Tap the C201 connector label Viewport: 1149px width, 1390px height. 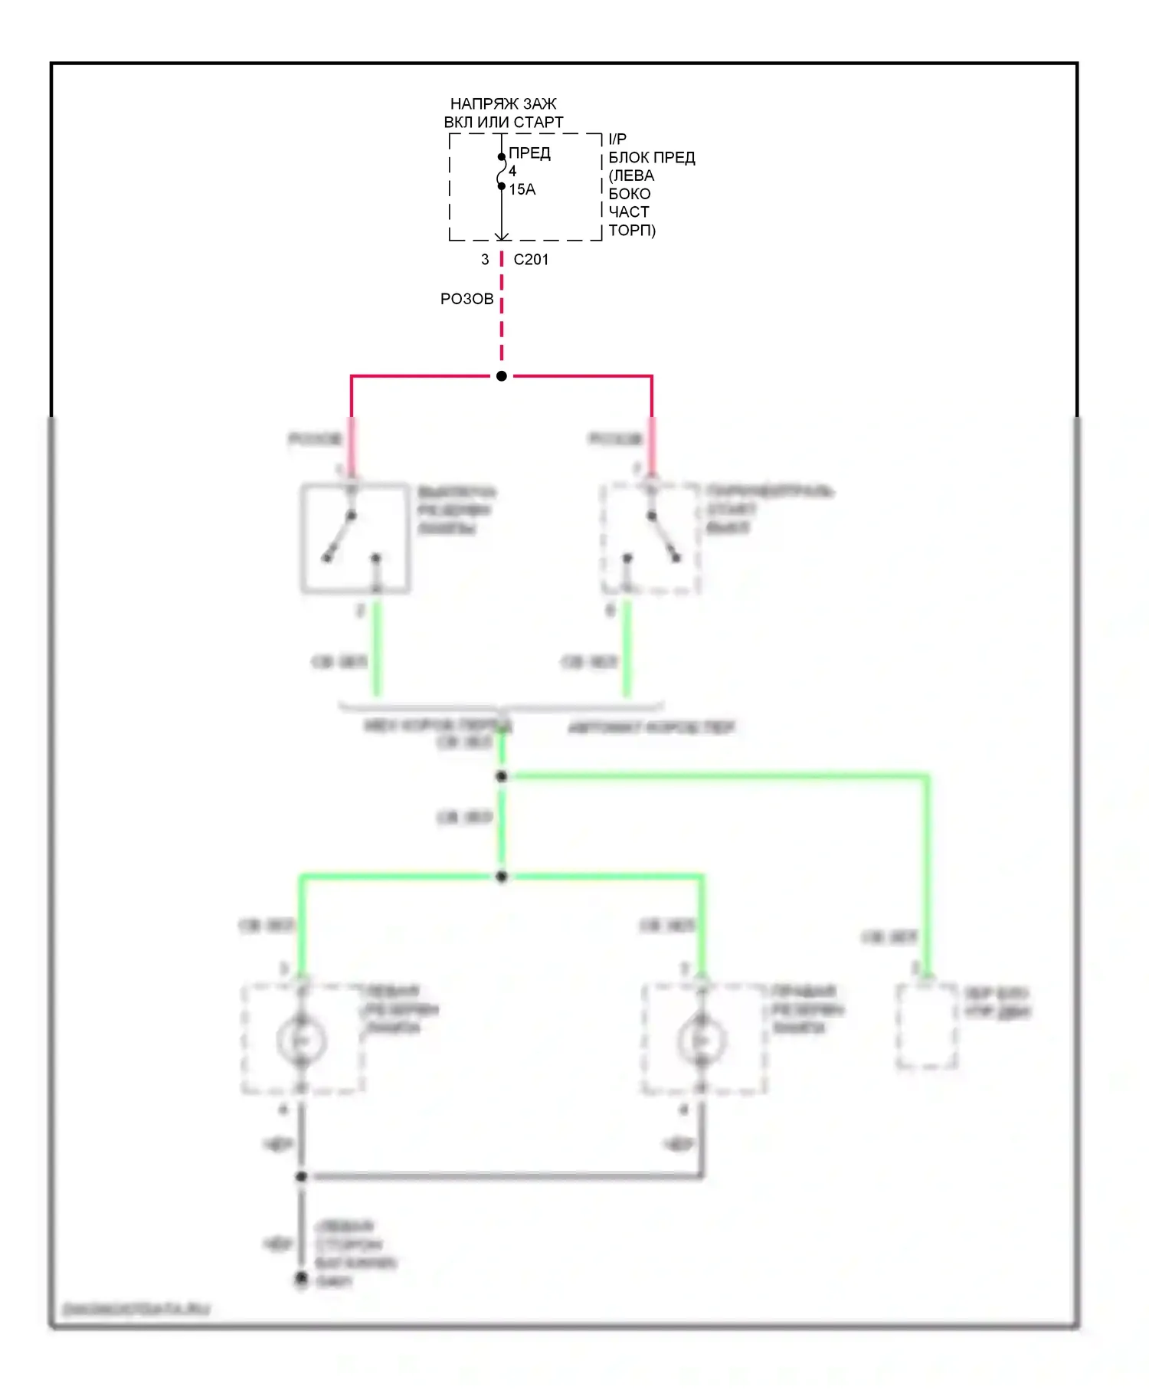point(531,260)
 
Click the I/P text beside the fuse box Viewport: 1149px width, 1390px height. point(617,139)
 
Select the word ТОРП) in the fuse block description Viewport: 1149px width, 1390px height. point(632,231)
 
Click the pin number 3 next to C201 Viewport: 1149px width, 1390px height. point(485,260)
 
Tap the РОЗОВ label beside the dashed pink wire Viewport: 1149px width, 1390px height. point(466,299)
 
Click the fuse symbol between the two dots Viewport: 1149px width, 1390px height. point(502,172)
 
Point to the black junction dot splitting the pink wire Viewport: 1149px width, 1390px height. point(502,376)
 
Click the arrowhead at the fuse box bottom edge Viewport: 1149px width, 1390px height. point(502,237)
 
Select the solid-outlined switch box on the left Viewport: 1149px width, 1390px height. point(355,538)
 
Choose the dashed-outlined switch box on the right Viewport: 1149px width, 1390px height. point(650,538)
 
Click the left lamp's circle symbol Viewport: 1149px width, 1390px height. point(302,1041)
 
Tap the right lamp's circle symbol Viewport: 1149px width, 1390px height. point(702,1041)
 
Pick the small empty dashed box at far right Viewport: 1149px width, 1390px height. point(927,1025)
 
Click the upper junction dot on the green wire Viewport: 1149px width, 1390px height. point(502,776)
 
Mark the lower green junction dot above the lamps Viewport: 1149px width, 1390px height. point(502,877)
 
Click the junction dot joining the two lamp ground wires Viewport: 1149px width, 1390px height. point(302,1176)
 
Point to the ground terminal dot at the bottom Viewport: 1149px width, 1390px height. point(302,1278)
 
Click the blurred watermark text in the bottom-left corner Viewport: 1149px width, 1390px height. point(136,1310)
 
